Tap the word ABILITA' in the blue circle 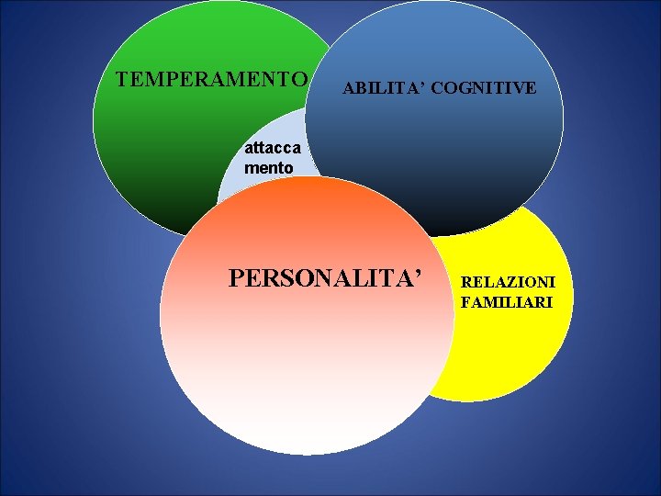coord(374,88)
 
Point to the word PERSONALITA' coord(328,276)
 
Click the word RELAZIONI coord(507,282)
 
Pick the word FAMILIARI coord(507,301)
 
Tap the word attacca coord(272,149)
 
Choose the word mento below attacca coord(268,168)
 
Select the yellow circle coord(514,349)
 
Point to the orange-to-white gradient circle coord(303,367)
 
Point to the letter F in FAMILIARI coord(465,301)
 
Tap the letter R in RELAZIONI coord(466,282)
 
